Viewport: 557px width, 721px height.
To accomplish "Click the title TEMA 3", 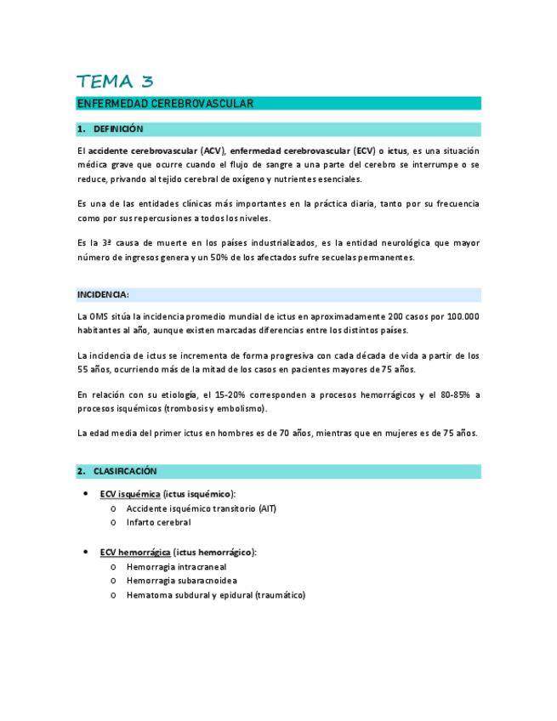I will pyautogui.click(x=115, y=82).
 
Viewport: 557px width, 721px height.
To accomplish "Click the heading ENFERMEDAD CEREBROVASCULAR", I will pyautogui.click(x=165, y=104).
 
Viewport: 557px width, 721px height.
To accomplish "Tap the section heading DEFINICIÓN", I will pyautogui.click(x=118, y=129).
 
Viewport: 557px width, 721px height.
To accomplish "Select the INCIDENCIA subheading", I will pyautogui.click(x=103, y=295).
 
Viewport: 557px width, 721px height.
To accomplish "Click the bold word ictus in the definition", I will pyautogui.click(x=397, y=150).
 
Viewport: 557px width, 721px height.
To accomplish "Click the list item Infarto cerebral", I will pyautogui.click(x=158, y=522).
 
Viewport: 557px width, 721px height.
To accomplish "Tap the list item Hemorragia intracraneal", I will pyautogui.click(x=176, y=566).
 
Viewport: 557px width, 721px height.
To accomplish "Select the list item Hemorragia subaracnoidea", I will pyautogui.click(x=181, y=581).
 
